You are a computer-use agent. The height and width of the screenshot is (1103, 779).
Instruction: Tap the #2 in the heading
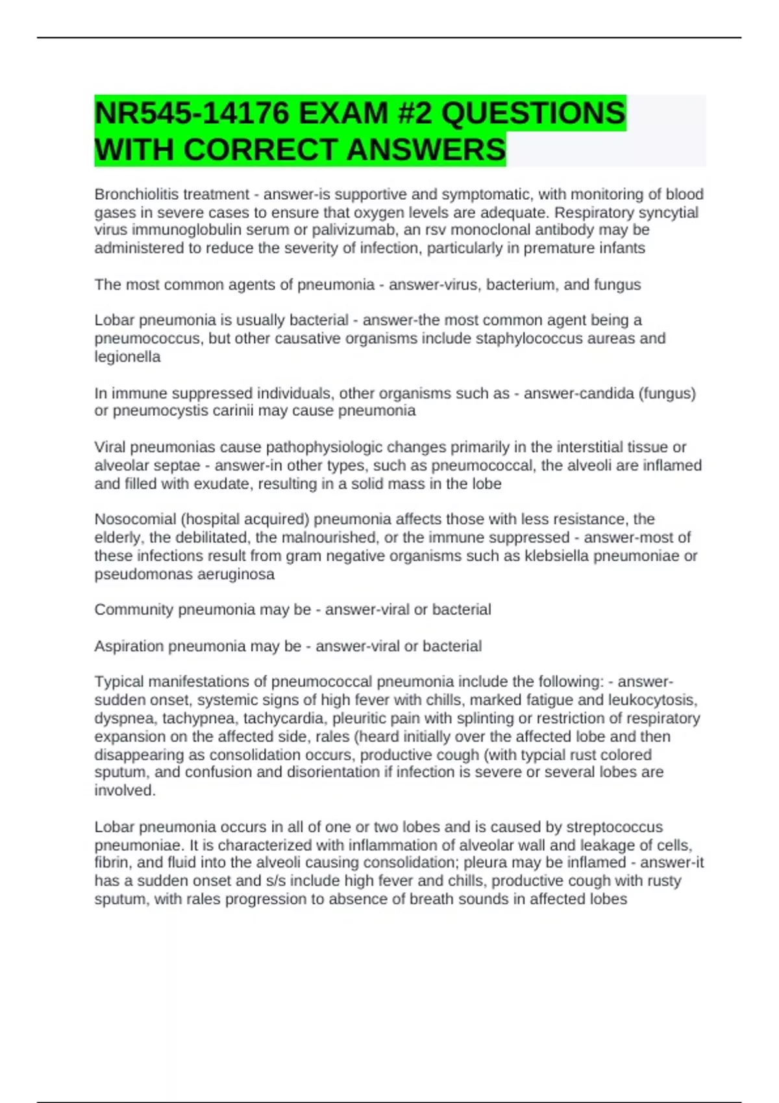410,114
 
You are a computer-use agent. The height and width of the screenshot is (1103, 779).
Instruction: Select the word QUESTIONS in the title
533,114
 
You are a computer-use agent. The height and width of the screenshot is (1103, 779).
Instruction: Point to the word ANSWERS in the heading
426,150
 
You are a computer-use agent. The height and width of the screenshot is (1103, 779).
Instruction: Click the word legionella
127,356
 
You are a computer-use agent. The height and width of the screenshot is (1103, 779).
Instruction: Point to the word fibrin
112,862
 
